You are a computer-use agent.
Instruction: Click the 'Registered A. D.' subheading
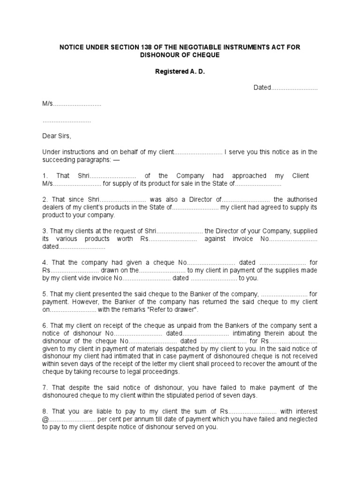point(180,72)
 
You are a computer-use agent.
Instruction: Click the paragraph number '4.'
point(45,262)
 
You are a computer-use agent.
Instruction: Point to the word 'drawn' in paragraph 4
point(112,270)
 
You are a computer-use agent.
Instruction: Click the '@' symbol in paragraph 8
point(45,419)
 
